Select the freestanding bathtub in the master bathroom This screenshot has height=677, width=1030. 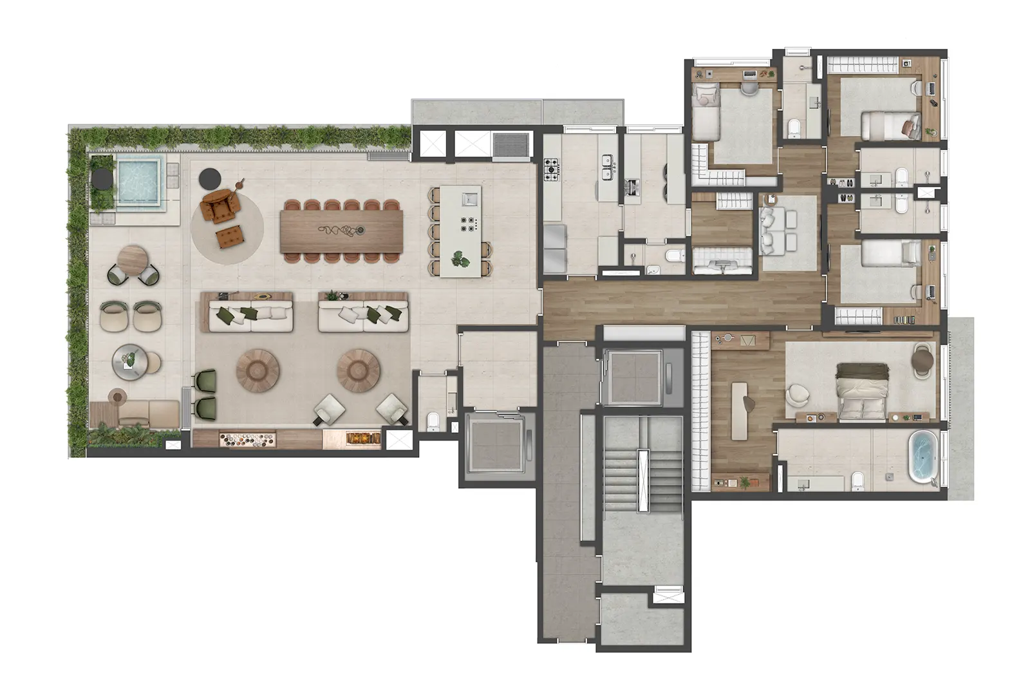[922, 457]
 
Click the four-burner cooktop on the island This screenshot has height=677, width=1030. [468, 224]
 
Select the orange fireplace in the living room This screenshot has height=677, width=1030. [362, 438]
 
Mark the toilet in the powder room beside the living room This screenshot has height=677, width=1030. [434, 422]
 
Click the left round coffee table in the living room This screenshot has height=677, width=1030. [257, 370]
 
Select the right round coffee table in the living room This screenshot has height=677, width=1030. [359, 370]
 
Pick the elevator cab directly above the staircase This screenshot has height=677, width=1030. [636, 377]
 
